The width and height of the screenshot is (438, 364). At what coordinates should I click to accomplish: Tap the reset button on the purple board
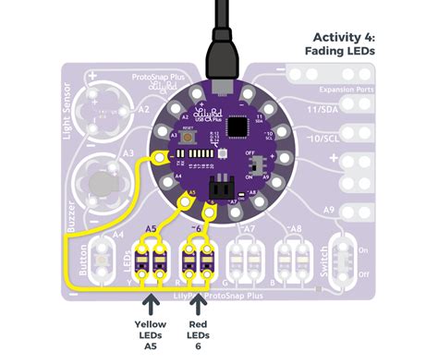tap(188, 136)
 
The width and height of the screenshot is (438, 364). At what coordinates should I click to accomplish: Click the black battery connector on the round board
tap(221, 183)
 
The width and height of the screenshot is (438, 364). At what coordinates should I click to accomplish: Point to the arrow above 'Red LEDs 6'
tap(197, 304)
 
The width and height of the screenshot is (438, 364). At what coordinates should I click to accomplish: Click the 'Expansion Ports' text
tap(348, 89)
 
